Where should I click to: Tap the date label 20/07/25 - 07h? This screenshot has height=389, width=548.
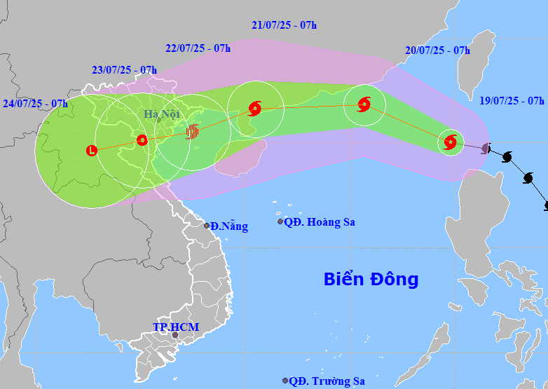pos(437,50)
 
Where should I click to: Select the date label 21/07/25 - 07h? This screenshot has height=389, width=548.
pos(284,25)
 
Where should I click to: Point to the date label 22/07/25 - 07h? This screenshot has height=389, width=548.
pos(198,48)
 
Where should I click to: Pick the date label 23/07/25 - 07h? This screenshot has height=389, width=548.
pos(124,69)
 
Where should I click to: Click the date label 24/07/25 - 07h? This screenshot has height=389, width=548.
pos(35,104)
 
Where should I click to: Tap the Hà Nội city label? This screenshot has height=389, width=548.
pos(162,114)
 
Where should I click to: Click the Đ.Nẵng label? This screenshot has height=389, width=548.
pos(229,226)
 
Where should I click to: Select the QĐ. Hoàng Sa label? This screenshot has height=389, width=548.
pos(320,222)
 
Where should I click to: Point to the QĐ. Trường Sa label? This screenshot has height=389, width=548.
pos(327,381)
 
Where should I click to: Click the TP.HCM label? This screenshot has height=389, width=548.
pos(176,327)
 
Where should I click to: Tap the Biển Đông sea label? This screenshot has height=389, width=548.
pos(371,279)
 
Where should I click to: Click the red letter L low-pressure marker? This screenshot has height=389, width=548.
pos(91,150)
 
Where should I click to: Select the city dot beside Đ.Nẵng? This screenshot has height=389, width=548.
pos(207,226)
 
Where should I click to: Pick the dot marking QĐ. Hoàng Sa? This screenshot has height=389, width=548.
pos(280,221)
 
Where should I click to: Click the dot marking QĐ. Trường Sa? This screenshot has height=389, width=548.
pos(285,381)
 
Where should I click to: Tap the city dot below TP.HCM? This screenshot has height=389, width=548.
pos(175,336)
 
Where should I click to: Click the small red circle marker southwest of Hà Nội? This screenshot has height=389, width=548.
pos(142,139)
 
